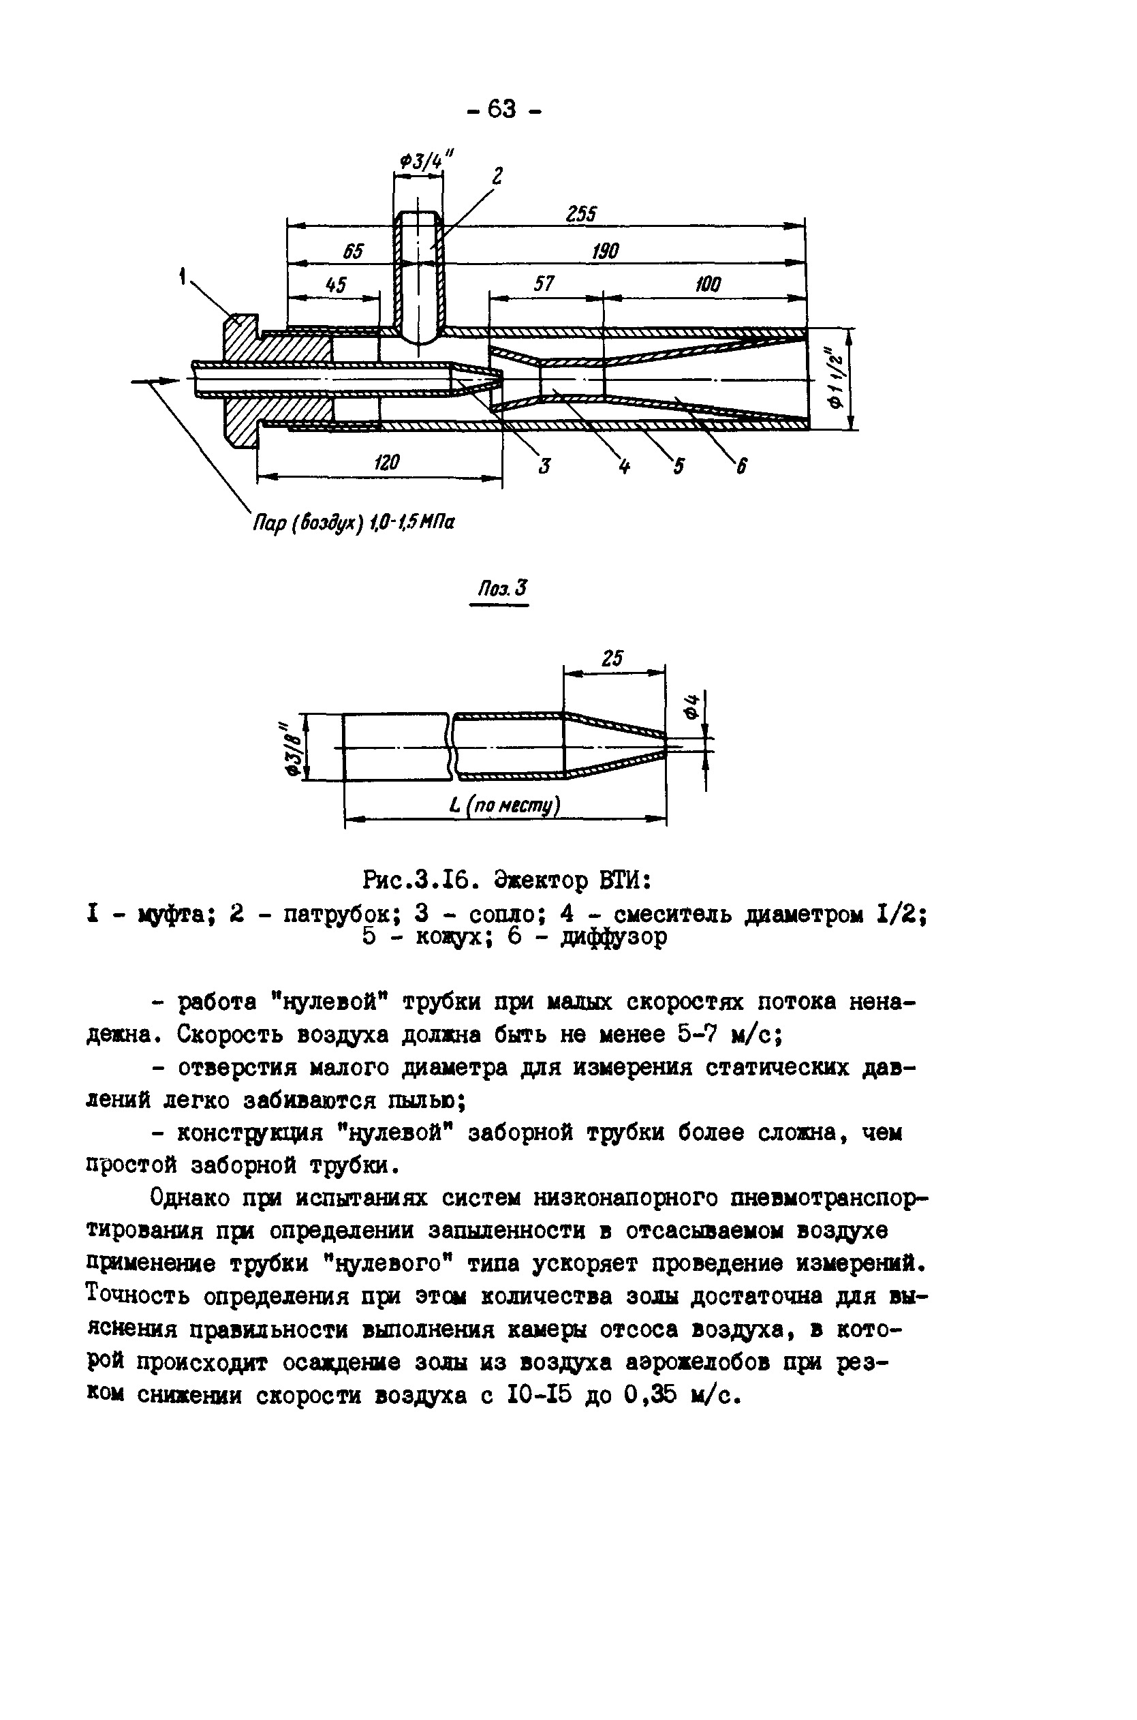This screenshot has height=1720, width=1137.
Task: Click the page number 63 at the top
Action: tap(502, 110)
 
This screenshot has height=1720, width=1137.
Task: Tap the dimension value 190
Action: tap(606, 251)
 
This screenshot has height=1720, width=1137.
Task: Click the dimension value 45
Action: tap(336, 285)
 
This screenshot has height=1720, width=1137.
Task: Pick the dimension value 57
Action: tap(544, 283)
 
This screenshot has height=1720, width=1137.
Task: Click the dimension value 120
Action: tap(386, 462)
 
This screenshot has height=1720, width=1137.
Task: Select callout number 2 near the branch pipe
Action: tap(497, 176)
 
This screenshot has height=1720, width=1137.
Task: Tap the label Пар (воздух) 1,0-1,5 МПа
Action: tap(353, 521)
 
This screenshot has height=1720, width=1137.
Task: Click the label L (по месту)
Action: tap(505, 805)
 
